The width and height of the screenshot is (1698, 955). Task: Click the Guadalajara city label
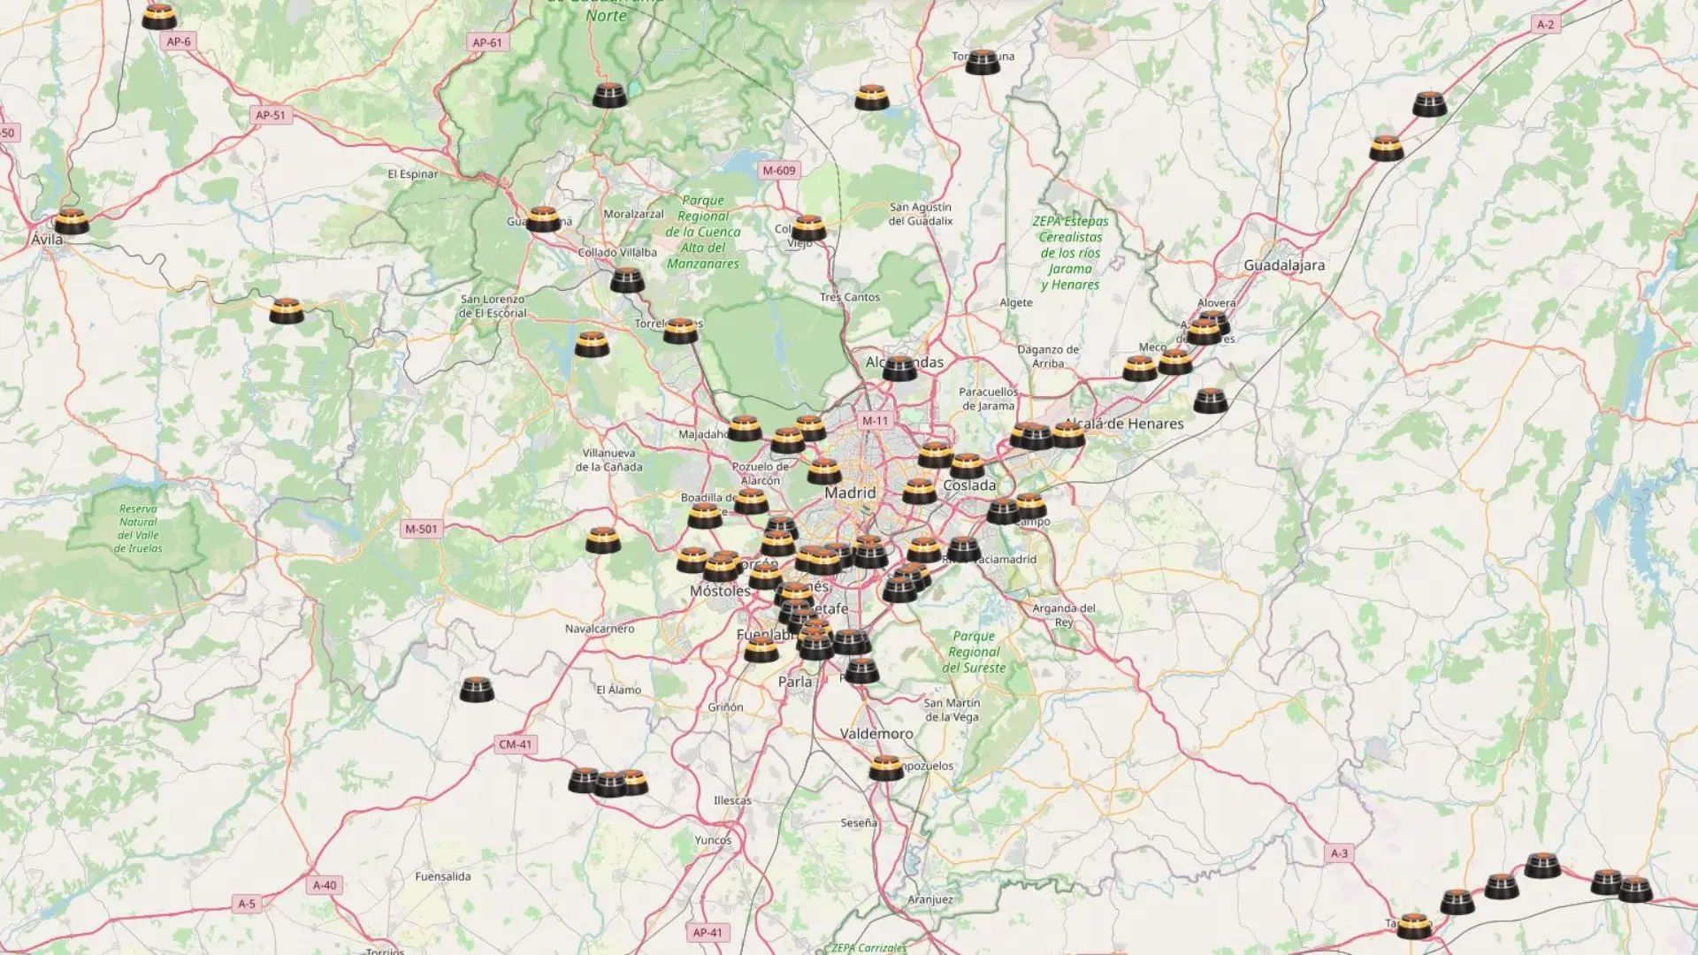tap(1284, 265)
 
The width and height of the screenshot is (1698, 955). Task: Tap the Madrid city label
tap(850, 493)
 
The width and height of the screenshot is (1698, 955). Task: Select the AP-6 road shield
tap(179, 42)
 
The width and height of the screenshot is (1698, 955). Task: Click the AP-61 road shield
tap(487, 42)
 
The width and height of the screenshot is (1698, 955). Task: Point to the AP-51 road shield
tap(271, 115)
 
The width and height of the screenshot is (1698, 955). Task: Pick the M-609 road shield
tap(779, 171)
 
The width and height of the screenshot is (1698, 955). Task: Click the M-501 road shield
tap(421, 529)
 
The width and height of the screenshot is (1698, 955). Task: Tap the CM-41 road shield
tap(516, 745)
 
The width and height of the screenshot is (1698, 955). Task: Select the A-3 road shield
tap(1340, 853)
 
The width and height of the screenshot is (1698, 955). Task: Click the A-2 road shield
tap(1545, 25)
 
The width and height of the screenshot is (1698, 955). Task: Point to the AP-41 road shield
tap(707, 932)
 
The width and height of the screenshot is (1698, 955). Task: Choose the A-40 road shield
tap(325, 885)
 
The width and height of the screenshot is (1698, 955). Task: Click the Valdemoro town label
tap(876, 734)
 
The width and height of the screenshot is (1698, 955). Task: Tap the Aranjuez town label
tap(930, 899)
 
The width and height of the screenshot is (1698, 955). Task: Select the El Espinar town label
tap(413, 174)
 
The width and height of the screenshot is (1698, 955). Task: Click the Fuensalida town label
tap(443, 876)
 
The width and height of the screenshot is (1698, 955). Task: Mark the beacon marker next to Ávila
tap(71, 220)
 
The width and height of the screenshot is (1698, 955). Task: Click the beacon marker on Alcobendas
tap(899, 367)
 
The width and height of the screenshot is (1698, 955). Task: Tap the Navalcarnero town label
tap(600, 629)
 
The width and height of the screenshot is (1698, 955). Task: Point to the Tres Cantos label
tap(849, 297)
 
